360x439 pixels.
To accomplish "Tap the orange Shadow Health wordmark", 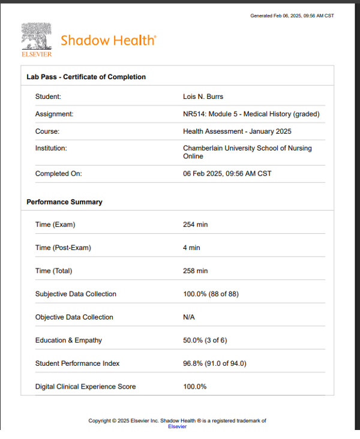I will [x=108, y=41].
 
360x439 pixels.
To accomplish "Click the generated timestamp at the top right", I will [x=292, y=16].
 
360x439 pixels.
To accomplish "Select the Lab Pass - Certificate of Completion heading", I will [x=86, y=77].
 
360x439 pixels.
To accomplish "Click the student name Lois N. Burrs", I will [x=203, y=97].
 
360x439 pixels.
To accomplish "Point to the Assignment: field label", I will [x=54, y=114].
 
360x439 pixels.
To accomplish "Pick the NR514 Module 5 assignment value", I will [x=251, y=114].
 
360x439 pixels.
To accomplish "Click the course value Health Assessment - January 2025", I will [x=237, y=131].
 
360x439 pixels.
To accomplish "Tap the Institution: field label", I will [x=51, y=148].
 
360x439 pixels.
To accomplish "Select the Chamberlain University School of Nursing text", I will [x=247, y=152].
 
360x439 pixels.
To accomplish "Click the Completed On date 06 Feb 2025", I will [x=227, y=174].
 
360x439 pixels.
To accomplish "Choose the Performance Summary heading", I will [x=64, y=202].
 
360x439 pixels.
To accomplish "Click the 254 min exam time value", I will [x=195, y=225].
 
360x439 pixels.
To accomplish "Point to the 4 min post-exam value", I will [x=191, y=248].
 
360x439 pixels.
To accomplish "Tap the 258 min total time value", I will [x=195, y=271].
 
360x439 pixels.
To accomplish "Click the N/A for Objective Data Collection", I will [x=189, y=317].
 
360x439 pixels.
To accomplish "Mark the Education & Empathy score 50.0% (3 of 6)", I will [x=205, y=341].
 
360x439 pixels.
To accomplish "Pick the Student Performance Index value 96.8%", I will [x=214, y=363].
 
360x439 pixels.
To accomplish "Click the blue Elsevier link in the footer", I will [x=177, y=426].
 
